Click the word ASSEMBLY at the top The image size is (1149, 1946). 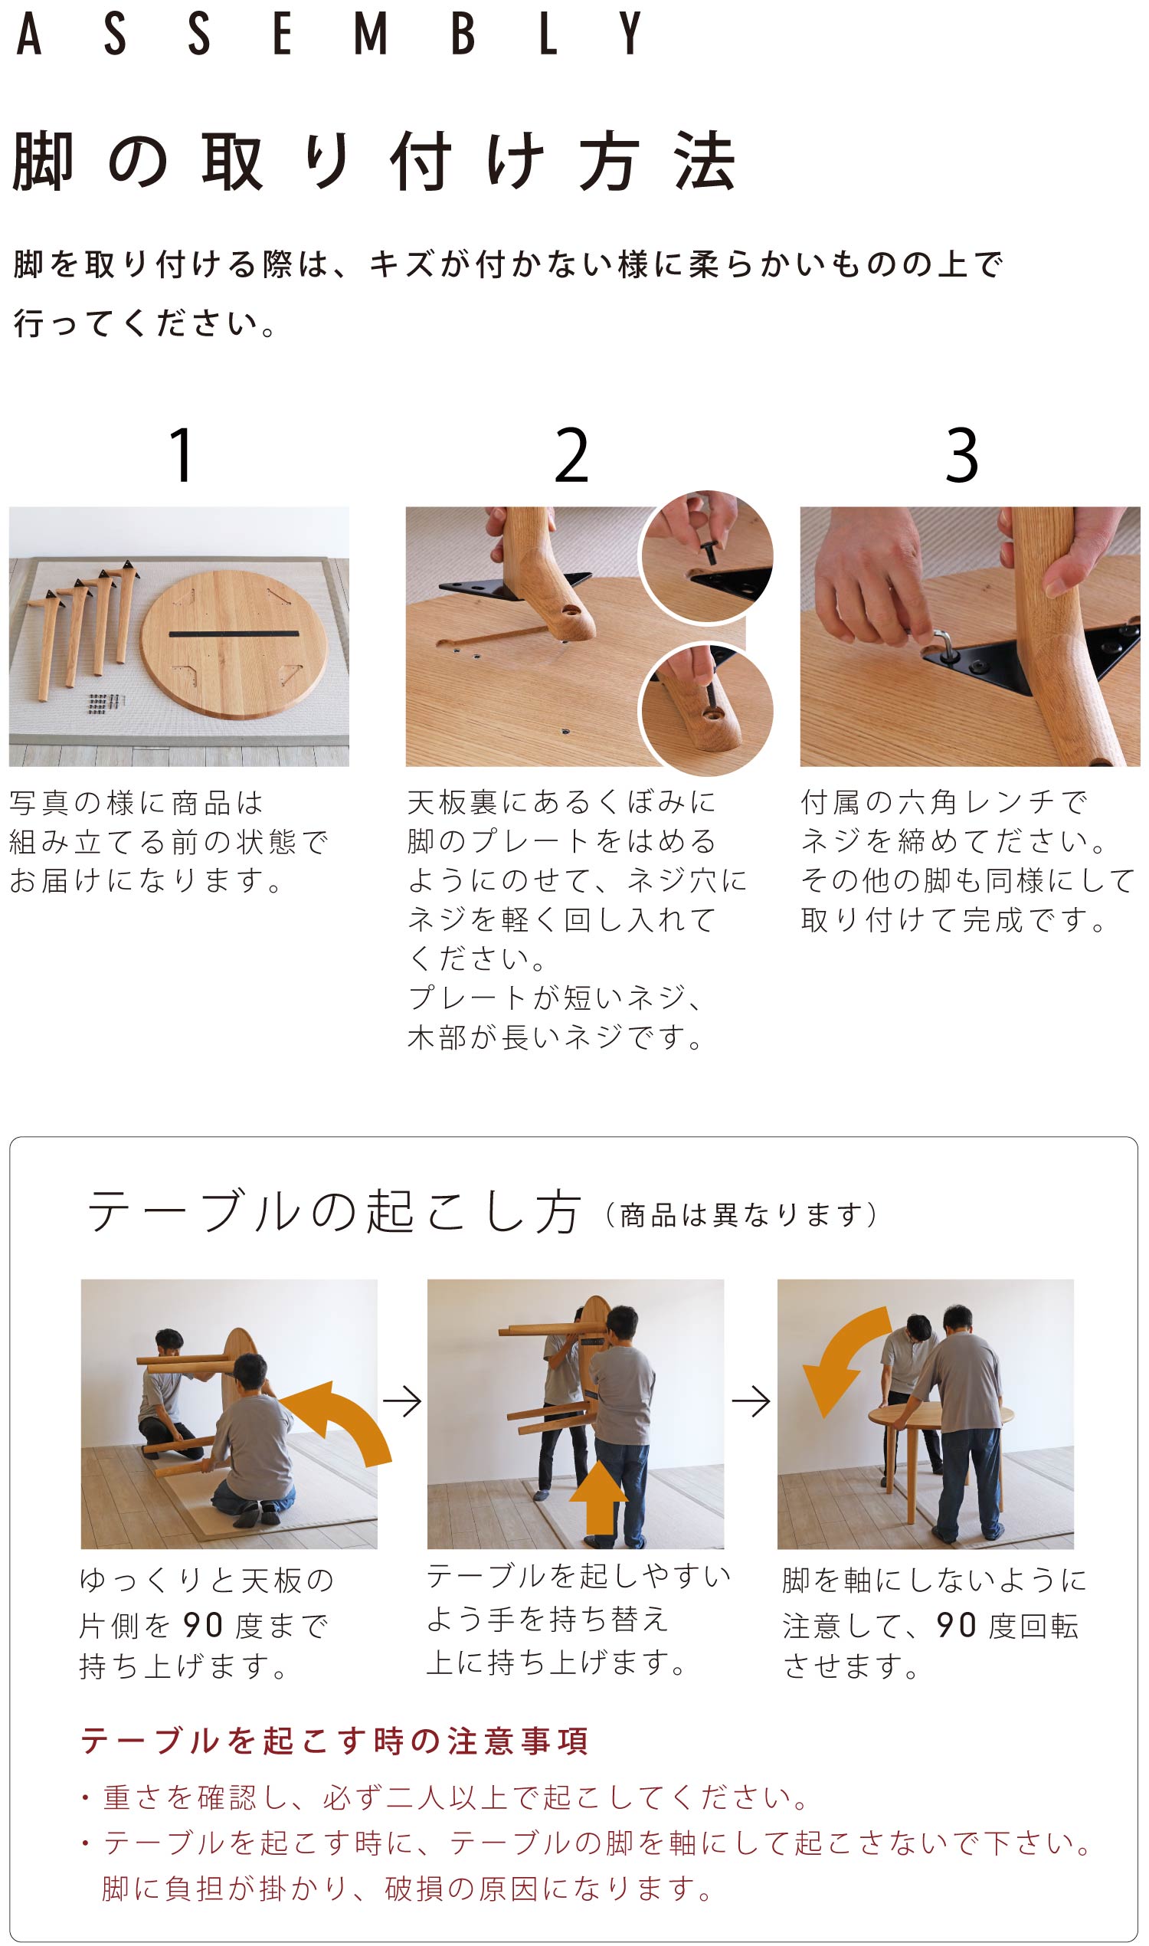(329, 33)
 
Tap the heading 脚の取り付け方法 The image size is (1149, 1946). (373, 161)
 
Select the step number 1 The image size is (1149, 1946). (182, 455)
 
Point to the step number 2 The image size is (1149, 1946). (571, 455)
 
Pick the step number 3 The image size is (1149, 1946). (961, 455)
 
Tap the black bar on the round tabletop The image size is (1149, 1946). (233, 634)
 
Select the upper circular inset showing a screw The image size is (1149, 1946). (707, 557)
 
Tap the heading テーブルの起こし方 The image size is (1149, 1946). (334, 1212)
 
